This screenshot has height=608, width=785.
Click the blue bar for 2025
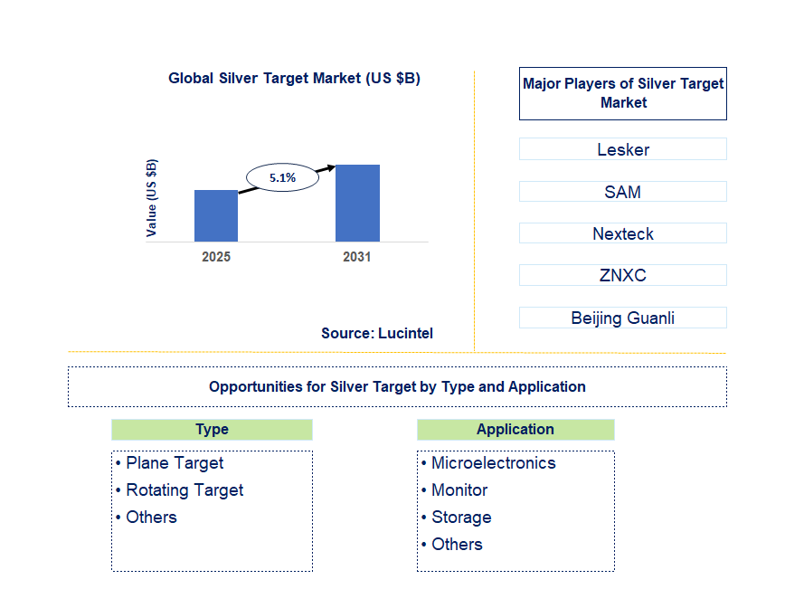tap(216, 216)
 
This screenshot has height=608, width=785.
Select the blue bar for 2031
tap(357, 204)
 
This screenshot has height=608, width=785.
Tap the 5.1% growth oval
tap(282, 177)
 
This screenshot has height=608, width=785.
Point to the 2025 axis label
tap(216, 257)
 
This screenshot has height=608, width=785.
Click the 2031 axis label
tap(357, 257)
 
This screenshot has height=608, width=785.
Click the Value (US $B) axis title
tap(151, 198)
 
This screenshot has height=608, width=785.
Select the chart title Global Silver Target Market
tap(295, 78)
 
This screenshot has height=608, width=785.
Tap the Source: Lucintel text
tap(377, 333)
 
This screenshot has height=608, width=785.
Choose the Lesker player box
tap(623, 149)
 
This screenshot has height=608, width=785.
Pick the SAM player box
tap(623, 192)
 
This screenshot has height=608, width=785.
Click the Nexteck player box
tap(623, 233)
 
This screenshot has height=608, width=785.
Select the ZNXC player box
tap(623, 275)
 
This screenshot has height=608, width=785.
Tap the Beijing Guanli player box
tap(623, 318)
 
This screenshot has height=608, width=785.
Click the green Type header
tap(213, 430)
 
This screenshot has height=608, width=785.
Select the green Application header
tap(515, 430)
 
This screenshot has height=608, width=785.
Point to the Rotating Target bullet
tap(180, 490)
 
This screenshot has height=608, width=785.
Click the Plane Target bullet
tap(170, 463)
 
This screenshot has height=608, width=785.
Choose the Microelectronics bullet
tap(488, 463)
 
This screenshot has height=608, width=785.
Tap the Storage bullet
tap(457, 518)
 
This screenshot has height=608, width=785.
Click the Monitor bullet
tap(455, 490)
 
